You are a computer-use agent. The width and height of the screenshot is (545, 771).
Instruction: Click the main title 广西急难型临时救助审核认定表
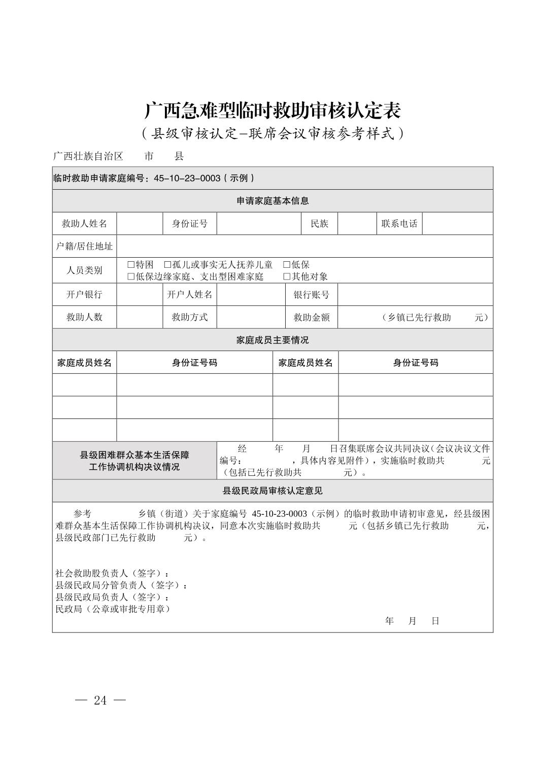tap(272, 110)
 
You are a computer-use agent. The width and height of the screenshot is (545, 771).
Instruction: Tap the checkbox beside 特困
tap(131, 265)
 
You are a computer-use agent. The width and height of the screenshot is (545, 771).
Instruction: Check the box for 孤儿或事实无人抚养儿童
tap(167, 265)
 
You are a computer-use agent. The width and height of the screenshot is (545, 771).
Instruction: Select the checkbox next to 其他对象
tap(287, 276)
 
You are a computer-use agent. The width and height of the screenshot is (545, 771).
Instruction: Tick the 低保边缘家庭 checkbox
tap(131, 276)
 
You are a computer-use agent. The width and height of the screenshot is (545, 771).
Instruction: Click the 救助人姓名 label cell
tap(84, 224)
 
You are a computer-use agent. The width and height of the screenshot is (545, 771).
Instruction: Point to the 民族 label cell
tap(319, 224)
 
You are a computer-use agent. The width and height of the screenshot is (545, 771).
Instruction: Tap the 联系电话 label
tap(399, 224)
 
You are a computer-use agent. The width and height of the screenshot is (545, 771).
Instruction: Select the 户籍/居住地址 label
tap(84, 246)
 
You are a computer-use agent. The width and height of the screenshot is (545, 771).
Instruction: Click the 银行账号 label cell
tap(312, 295)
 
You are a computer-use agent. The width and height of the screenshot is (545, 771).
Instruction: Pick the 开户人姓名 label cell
tap(190, 295)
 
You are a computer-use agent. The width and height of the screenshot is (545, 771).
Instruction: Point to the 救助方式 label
tap(190, 317)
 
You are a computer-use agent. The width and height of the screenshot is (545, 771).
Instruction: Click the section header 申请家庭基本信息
tap(272, 201)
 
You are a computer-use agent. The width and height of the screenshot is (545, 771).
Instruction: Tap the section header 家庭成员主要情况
tap(272, 340)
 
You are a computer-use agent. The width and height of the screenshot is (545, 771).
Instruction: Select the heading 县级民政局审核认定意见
tap(272, 491)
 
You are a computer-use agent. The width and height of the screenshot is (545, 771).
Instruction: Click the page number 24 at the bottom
tap(100, 700)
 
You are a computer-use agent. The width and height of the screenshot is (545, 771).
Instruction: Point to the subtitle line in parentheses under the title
tap(272, 133)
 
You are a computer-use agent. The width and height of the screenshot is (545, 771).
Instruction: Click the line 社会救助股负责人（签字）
tap(112, 573)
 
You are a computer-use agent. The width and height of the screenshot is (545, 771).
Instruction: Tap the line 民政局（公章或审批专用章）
tap(113, 609)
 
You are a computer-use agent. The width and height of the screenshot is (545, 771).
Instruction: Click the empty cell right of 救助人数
tap(140, 317)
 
